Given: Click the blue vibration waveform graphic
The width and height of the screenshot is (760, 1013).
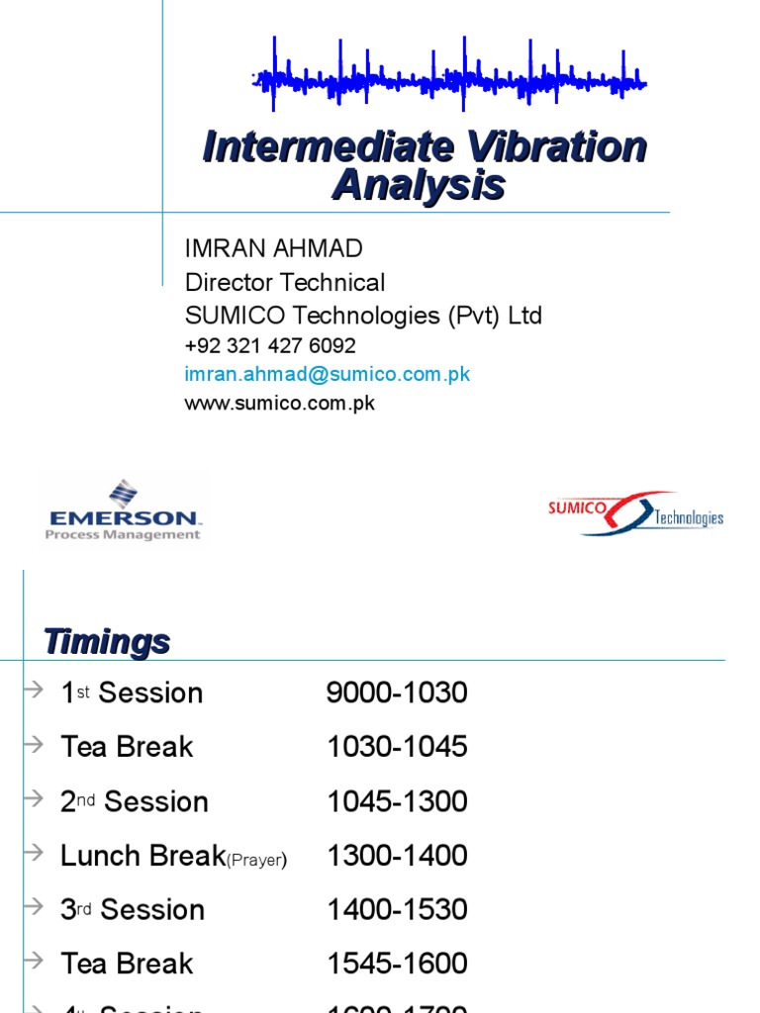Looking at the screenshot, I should coord(450,76).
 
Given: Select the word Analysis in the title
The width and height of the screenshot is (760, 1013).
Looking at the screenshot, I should coord(419,185).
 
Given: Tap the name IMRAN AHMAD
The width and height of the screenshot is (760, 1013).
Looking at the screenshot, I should coord(274,248).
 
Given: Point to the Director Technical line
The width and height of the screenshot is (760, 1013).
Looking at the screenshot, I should coord(285,282).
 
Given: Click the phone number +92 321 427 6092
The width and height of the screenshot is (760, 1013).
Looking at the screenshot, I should coord(270,346).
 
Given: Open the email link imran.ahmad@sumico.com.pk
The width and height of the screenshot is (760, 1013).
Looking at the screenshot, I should coord(328,374).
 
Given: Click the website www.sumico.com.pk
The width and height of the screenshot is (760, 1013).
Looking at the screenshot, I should coord(280,403).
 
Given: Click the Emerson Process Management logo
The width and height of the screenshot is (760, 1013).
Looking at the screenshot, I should coord(124,510).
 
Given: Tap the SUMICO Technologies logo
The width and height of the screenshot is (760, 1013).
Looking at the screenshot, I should coord(635,513).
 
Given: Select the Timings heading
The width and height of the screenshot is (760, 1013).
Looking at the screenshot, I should coord(107,642).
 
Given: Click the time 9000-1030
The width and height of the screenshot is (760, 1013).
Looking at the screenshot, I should coord(397,692).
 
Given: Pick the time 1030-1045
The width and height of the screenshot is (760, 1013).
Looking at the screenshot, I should coord(397,747).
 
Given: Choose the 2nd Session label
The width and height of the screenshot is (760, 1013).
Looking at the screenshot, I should coord(134,801).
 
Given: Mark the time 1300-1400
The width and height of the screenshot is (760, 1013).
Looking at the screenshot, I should coord(397,856).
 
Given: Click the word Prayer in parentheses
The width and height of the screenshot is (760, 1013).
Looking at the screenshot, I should coord(256,861).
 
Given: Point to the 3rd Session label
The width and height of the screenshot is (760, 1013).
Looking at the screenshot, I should coord(132,909).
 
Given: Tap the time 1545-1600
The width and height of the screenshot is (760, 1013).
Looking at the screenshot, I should coord(397,964).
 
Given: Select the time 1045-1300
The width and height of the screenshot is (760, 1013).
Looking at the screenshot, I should coord(397,801).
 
